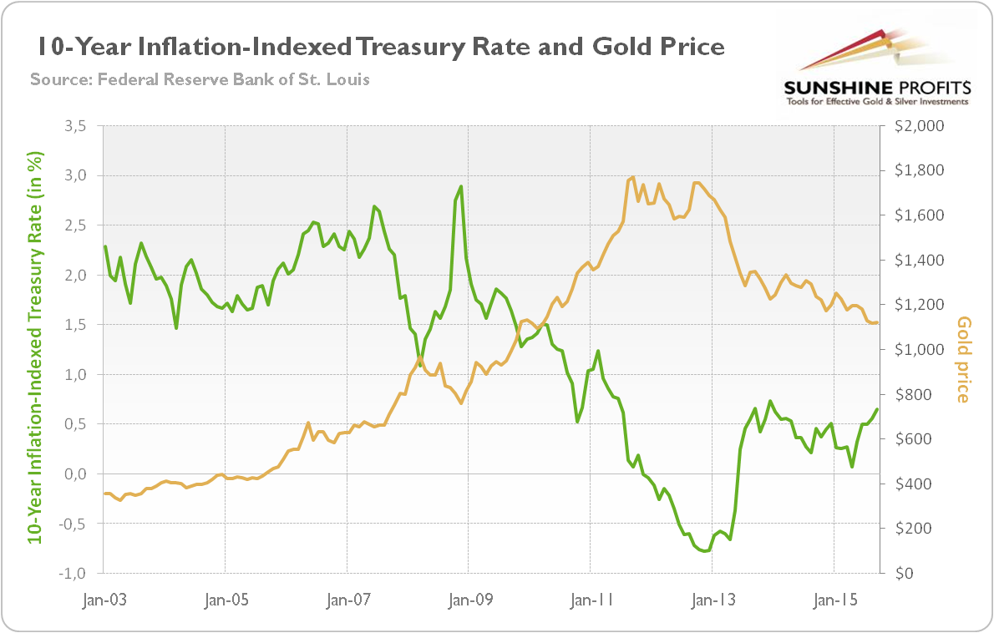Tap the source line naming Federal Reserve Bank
(200, 80)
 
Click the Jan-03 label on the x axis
(102, 600)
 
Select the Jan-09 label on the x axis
(468, 600)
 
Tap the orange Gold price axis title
(963, 359)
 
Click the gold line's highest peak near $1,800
(633, 177)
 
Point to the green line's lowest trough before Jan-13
(705, 551)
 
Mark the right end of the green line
(877, 409)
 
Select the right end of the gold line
(877, 322)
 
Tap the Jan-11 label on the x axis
(590, 600)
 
